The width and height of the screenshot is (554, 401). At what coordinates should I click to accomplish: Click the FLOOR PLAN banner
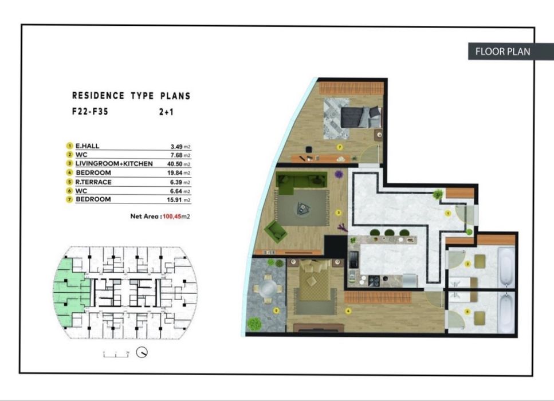coord(502,52)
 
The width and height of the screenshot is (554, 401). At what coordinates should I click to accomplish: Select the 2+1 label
coord(166,112)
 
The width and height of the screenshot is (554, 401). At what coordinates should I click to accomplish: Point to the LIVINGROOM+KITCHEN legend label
coord(114,164)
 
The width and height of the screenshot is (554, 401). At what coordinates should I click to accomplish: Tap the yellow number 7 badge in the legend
coord(69,199)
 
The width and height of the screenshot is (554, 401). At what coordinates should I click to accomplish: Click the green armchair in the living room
coord(277,231)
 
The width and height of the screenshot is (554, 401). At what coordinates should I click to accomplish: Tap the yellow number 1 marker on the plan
coord(448,213)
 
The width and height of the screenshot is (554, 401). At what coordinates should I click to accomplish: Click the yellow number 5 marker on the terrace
coord(276,310)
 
